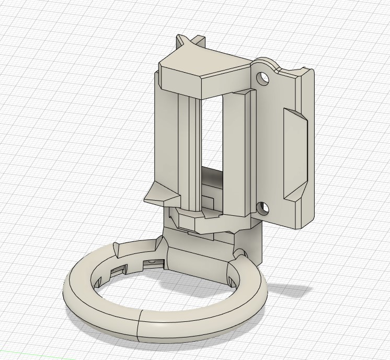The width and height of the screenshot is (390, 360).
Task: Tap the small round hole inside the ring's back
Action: [152, 260]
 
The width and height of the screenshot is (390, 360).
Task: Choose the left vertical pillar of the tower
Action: [167, 141]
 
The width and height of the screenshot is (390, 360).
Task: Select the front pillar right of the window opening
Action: [234, 152]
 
